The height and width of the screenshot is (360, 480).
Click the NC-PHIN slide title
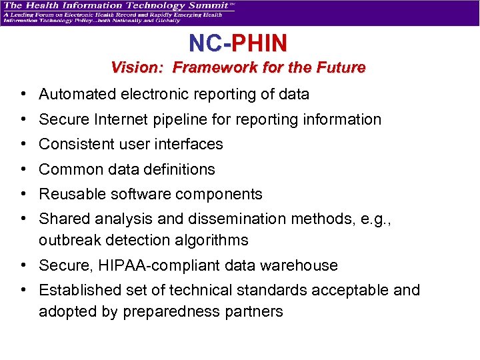click(238, 44)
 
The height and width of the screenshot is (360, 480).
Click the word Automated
click(77, 94)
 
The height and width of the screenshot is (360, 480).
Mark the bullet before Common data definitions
click(23, 169)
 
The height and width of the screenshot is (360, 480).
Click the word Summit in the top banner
click(210, 6)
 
